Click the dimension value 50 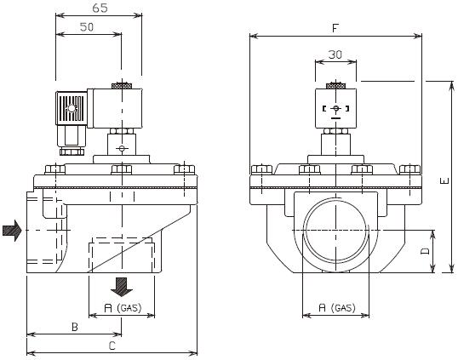(88, 28)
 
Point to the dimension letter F (336, 28)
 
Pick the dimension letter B (74, 326)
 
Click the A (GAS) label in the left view (123, 306)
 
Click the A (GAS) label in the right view (335, 306)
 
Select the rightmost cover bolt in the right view (410, 170)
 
